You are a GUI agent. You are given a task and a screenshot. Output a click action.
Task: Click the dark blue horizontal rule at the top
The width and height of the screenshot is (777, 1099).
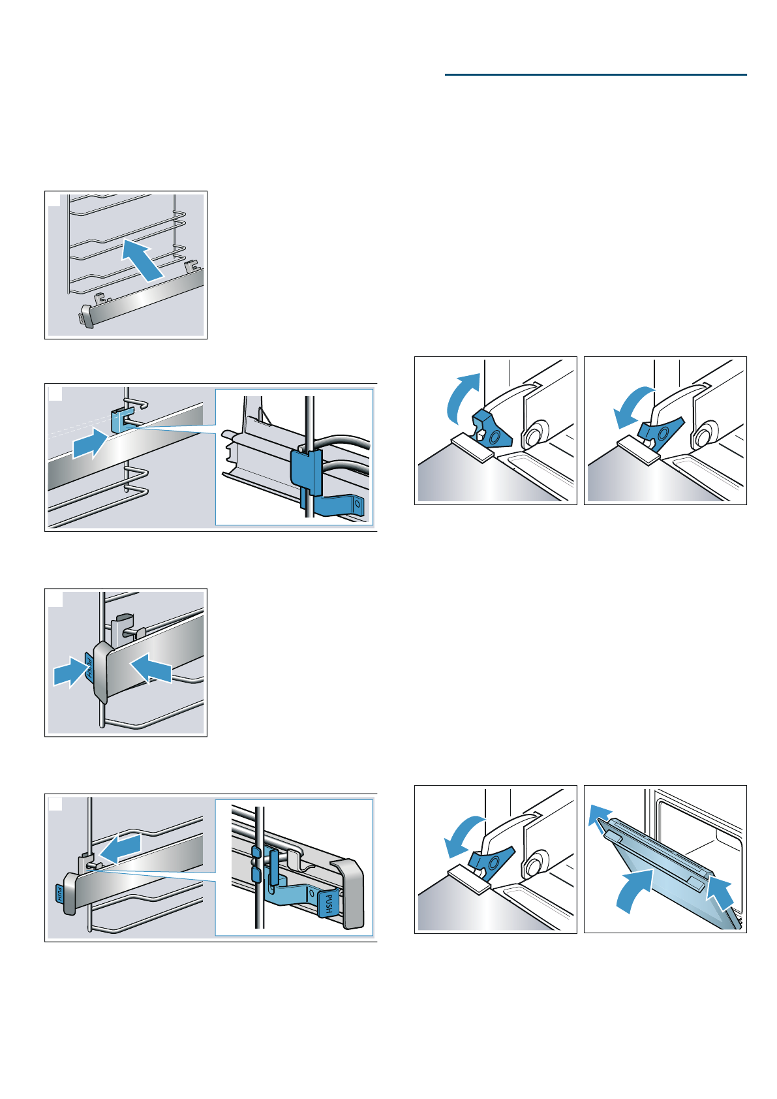(595, 74)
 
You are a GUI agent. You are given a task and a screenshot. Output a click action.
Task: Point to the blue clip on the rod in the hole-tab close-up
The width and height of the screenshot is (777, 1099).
(305, 473)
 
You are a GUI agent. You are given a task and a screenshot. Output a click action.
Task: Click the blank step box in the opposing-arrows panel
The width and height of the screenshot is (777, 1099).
(55, 599)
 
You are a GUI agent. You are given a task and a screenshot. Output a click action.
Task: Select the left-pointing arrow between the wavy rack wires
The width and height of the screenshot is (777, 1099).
(122, 848)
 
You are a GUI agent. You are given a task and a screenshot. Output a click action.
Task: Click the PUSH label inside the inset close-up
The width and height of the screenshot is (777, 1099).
(328, 904)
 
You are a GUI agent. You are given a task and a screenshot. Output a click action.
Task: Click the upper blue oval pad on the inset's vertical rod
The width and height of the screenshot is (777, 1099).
(256, 852)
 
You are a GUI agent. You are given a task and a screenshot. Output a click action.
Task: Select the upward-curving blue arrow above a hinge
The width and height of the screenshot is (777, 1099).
(463, 395)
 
